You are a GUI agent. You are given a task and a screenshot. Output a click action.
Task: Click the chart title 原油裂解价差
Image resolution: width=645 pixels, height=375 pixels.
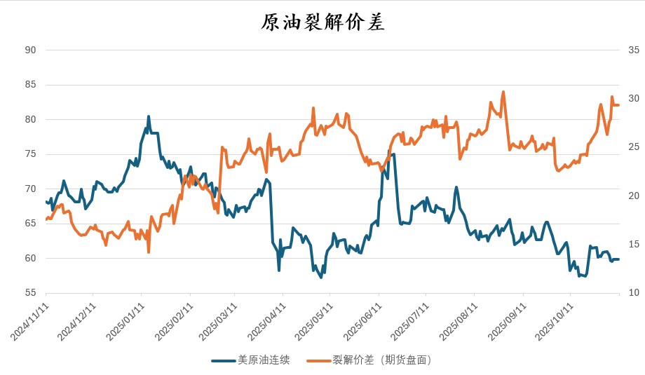pos(322,22)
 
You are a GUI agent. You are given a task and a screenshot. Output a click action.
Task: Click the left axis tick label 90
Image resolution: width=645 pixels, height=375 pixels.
pos(30,50)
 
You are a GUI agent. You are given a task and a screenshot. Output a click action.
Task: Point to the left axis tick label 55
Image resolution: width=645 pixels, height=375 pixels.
pos(30,293)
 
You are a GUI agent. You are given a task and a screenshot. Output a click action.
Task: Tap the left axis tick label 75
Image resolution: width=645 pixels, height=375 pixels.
pos(30,154)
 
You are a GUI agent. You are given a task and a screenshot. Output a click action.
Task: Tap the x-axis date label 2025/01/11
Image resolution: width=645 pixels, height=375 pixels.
pos(126,322)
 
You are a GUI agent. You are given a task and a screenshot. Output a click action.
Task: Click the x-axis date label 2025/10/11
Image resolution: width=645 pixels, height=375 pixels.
pos(556,322)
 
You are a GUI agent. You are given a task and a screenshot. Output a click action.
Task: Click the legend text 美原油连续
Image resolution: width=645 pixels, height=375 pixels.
pos(264,360)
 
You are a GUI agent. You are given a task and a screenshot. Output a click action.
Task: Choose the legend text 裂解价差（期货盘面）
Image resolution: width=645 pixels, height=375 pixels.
pos(382,360)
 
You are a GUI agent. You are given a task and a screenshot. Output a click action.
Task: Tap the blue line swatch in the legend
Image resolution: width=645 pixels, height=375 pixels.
pos(223,360)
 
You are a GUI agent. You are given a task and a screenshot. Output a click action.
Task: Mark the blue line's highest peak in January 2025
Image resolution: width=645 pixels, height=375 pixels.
pos(149,116)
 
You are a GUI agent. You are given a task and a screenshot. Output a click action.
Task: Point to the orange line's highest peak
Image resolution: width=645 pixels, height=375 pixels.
pos(503,92)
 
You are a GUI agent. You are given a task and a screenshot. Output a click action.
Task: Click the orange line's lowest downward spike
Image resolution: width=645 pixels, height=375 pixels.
pos(149,252)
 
